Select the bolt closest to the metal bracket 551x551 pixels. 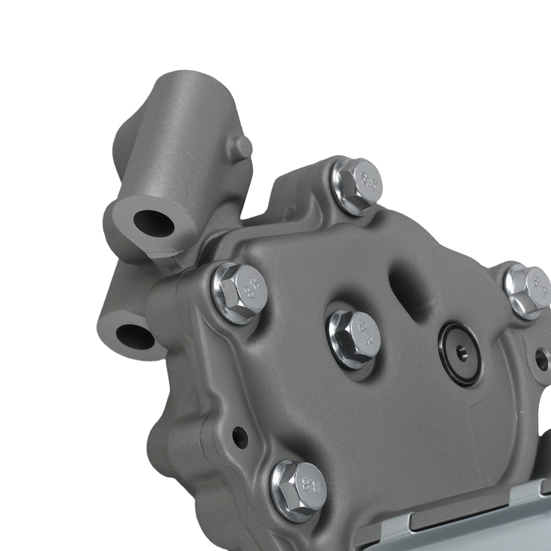pyautogui.click(x=298, y=488)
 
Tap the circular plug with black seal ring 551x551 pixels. pyautogui.click(x=460, y=347)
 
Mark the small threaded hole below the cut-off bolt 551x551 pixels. pyautogui.click(x=542, y=361)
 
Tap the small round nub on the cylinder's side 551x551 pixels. pyautogui.click(x=242, y=146)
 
